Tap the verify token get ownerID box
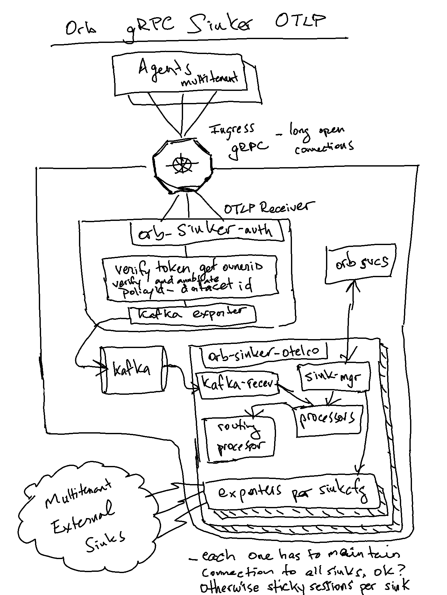(189, 277)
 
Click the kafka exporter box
(193, 315)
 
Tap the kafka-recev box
(238, 385)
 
